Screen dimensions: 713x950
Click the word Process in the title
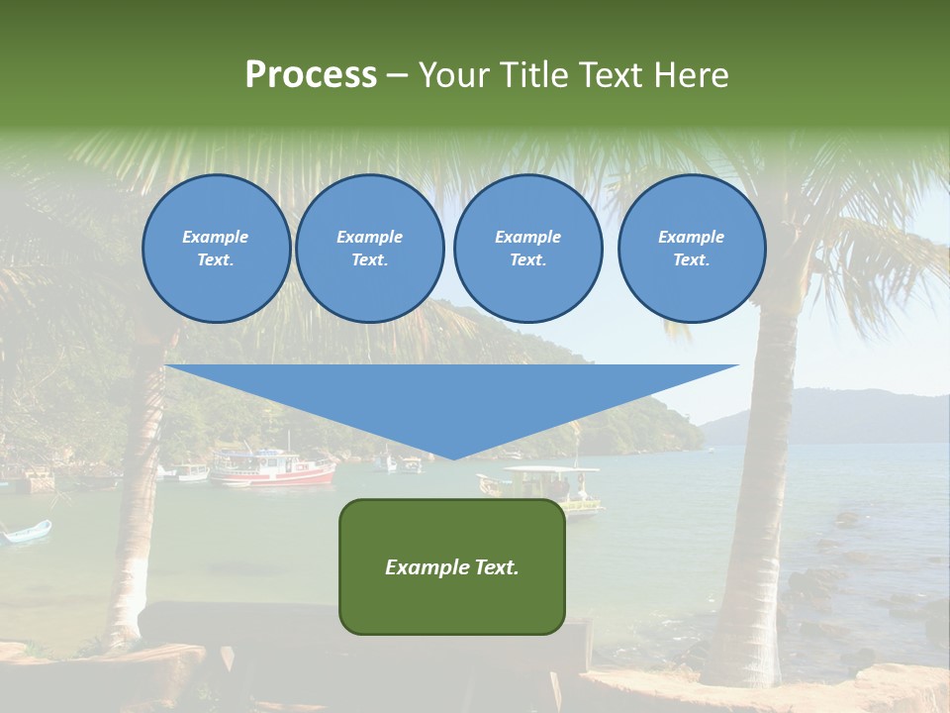coord(311,75)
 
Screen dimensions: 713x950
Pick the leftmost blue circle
coord(216,249)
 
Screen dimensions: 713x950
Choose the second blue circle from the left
coord(369,249)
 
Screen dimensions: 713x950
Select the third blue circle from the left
coord(527,249)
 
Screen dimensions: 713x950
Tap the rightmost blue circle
coord(692,249)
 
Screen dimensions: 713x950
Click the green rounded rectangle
coord(452,594)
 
